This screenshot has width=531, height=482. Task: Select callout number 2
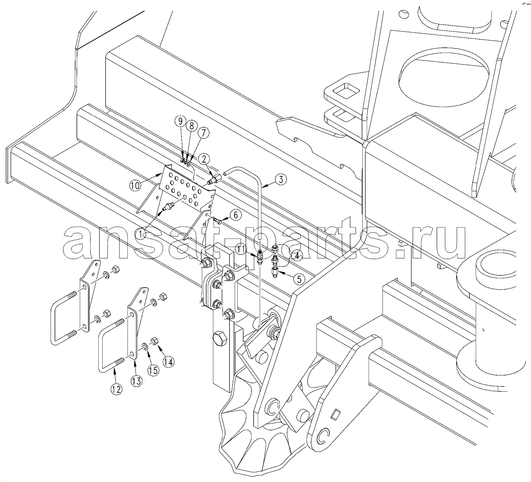pyautogui.click(x=204, y=159)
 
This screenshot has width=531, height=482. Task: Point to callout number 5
pyautogui.click(x=299, y=279)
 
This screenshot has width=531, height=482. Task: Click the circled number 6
pyautogui.click(x=235, y=215)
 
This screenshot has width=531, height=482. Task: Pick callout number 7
pyautogui.click(x=203, y=134)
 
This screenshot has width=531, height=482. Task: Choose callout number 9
pyautogui.click(x=181, y=121)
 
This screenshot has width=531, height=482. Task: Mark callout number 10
pyautogui.click(x=135, y=186)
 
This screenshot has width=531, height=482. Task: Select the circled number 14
pyautogui.click(x=169, y=361)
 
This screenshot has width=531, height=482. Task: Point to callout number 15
pyautogui.click(x=153, y=370)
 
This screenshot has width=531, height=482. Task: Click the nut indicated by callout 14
pyautogui.click(x=154, y=341)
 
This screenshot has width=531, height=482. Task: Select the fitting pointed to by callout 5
pyautogui.click(x=275, y=272)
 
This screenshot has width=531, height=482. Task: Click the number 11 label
pyautogui.click(x=241, y=249)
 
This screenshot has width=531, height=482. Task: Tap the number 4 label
pyautogui.click(x=297, y=256)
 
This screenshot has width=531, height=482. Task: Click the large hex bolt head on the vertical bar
pyautogui.click(x=220, y=338)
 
